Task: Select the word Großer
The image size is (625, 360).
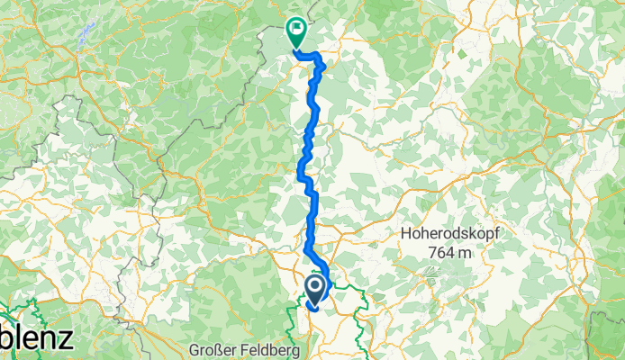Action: [211, 348]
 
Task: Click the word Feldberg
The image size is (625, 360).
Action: [260, 348]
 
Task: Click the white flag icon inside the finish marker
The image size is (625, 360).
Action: [295, 30]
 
